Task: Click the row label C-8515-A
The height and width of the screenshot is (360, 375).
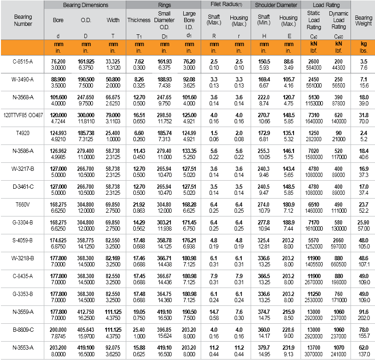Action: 23,62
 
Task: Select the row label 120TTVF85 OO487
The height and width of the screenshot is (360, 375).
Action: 23,115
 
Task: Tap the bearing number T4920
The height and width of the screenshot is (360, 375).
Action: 23,133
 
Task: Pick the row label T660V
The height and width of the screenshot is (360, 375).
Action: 23,205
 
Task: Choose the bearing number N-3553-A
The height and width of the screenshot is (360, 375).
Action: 23,348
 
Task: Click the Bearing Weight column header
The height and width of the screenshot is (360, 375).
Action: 363,20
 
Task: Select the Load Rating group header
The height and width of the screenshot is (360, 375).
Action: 326,5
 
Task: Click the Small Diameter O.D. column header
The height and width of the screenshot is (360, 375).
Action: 164,20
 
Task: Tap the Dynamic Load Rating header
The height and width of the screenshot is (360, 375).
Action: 338,20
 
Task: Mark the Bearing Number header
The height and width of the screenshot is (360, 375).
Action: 23,20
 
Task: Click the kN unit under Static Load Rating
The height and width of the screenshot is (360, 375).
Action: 313,44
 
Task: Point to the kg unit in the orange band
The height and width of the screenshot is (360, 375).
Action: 363,44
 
